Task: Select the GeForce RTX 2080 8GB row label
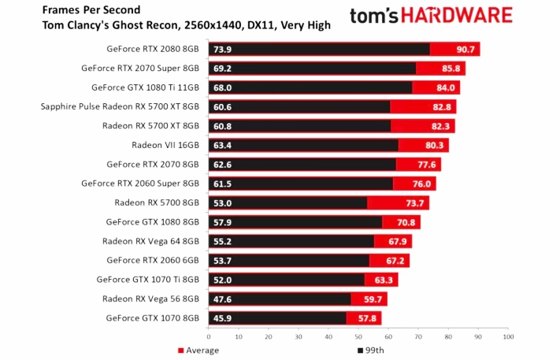[153, 49]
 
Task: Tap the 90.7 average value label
[465, 49]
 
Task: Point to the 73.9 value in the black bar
[223, 49]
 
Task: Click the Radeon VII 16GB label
[165, 145]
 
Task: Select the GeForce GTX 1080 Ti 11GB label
[146, 87]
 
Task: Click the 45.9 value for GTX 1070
[223, 318]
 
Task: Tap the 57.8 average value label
[368, 318]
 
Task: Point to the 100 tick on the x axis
[508, 336]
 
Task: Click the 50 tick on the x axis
[358, 336]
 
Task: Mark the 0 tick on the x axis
[209, 336]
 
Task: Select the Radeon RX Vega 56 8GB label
[150, 299]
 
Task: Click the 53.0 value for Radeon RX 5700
[223, 202]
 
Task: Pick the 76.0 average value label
[421, 184]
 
